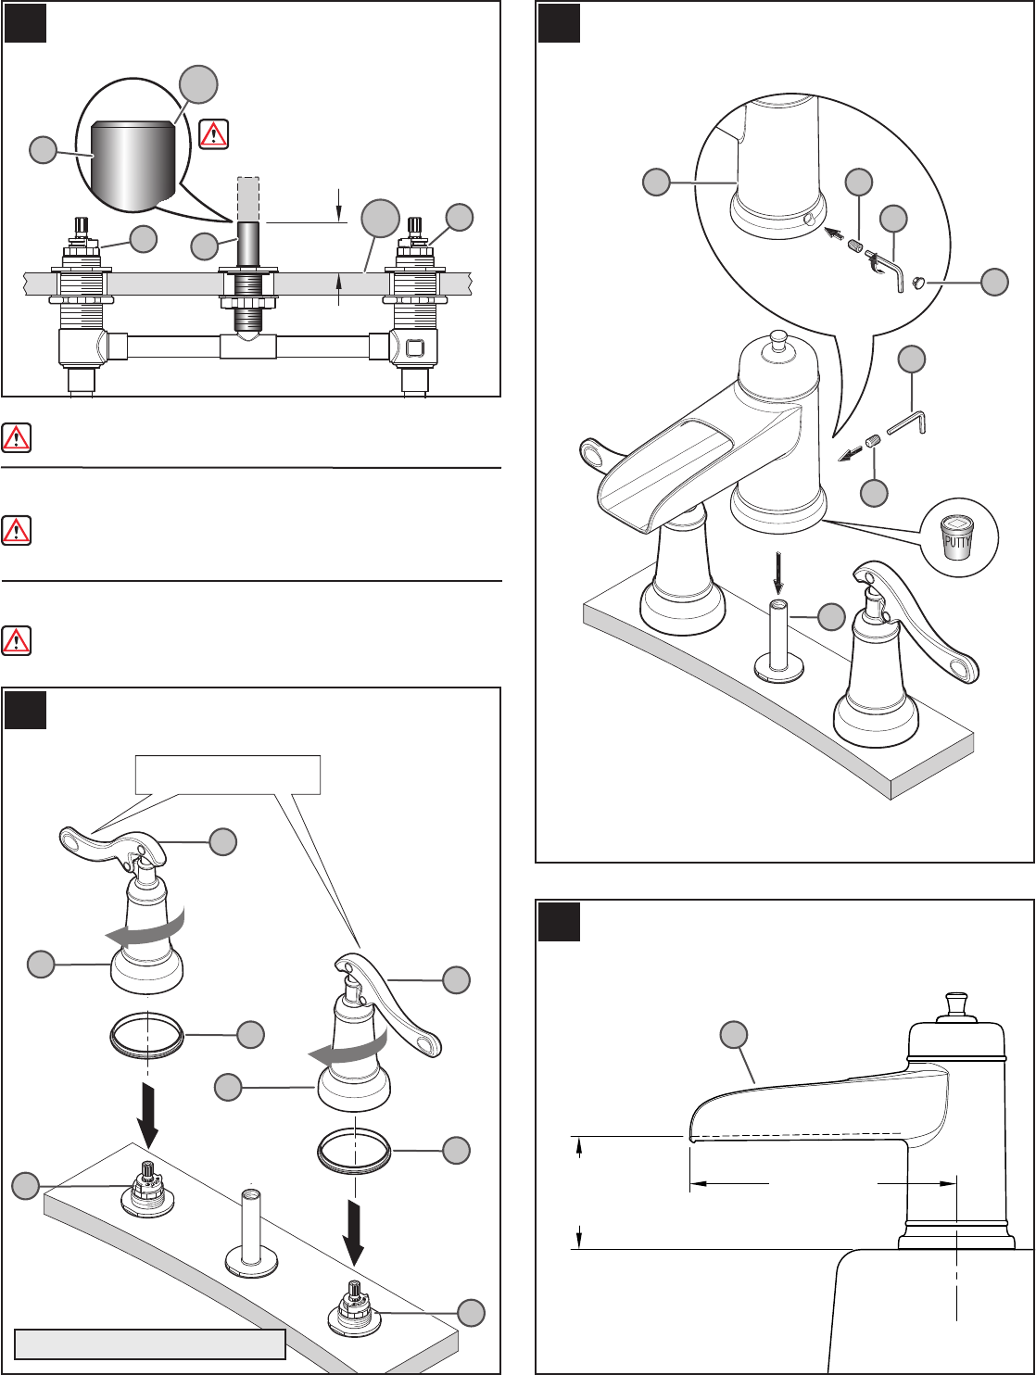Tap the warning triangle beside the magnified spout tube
click(x=213, y=133)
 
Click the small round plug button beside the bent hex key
click(x=918, y=283)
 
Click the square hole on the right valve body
click(x=414, y=347)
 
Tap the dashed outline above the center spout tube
click(x=248, y=198)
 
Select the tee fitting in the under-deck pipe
click(x=248, y=347)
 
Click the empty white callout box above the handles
click(x=228, y=775)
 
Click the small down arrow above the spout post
click(x=778, y=573)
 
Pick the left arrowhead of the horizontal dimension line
click(x=698, y=1183)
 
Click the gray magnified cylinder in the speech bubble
click(x=133, y=168)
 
